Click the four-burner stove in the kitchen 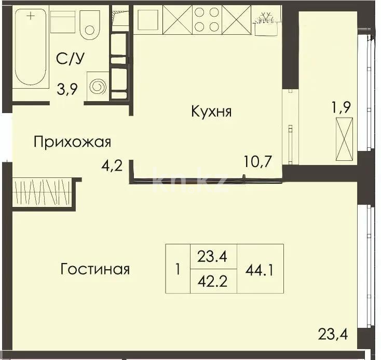pos(207,20)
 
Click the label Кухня pos(211,112)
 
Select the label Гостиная pos(95,269)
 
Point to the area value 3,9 pos(68,90)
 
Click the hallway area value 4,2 pos(112,167)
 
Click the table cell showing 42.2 pos(214,282)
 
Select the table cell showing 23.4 pos(214,256)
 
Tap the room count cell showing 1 pos(178,269)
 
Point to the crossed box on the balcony pos(344,139)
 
